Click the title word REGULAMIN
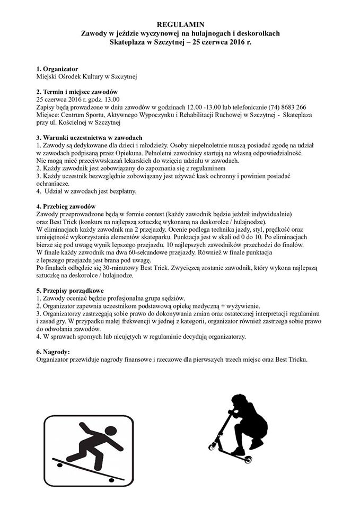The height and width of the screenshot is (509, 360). [180, 24]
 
